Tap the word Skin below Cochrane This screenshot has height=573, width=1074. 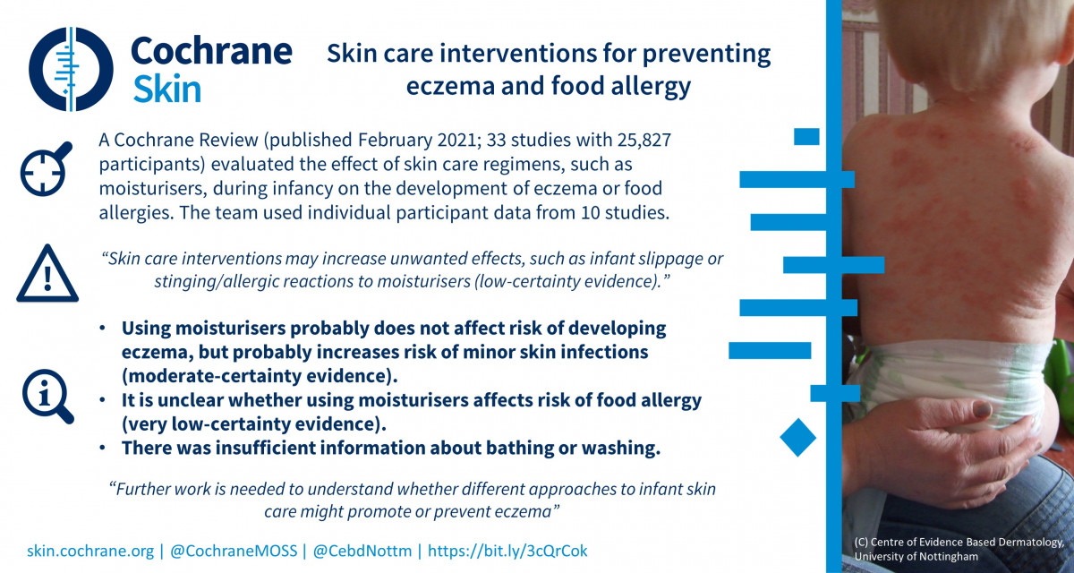click(166, 90)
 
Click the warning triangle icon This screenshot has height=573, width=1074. click(47, 273)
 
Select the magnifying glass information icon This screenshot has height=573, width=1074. click(48, 396)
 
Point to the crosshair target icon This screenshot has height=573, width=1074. click(46, 169)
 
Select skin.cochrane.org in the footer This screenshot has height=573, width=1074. click(90, 551)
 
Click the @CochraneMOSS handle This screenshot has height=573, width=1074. click(234, 551)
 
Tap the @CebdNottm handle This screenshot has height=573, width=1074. click(362, 551)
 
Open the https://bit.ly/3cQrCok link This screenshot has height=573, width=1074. click(507, 551)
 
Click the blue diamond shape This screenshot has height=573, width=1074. click(797, 437)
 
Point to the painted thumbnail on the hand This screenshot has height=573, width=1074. click(982, 409)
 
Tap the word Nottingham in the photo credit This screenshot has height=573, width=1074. click(951, 557)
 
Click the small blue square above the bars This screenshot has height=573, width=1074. click(806, 137)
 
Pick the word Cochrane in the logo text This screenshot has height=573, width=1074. click(211, 51)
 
